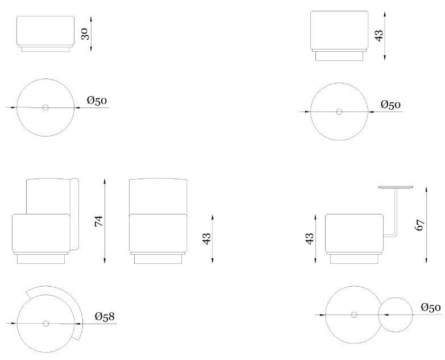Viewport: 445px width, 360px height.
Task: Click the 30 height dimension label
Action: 86,34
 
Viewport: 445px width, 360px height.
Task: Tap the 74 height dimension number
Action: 99,221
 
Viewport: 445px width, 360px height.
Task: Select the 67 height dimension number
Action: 421,225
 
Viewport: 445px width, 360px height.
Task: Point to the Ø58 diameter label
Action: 105,316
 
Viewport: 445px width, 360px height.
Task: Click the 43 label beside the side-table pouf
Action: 310,238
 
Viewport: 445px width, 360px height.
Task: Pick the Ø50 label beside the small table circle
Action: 431,308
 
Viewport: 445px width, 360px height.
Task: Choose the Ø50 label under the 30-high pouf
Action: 97,101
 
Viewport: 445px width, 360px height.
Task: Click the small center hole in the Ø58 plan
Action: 45,324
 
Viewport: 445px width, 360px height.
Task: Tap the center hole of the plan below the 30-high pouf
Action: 45,107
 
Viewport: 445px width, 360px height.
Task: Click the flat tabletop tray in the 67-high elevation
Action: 396,187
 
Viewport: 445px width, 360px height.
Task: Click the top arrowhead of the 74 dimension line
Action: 105,181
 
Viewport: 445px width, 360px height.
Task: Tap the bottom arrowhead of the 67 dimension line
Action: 426,260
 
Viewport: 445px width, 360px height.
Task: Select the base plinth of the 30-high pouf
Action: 45,49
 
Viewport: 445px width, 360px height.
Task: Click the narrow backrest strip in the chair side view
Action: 74,214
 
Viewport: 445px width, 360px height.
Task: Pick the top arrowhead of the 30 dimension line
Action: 91,19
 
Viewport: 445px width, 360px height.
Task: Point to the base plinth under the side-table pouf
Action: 354,259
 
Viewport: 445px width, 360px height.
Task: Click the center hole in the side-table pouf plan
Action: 354,315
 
